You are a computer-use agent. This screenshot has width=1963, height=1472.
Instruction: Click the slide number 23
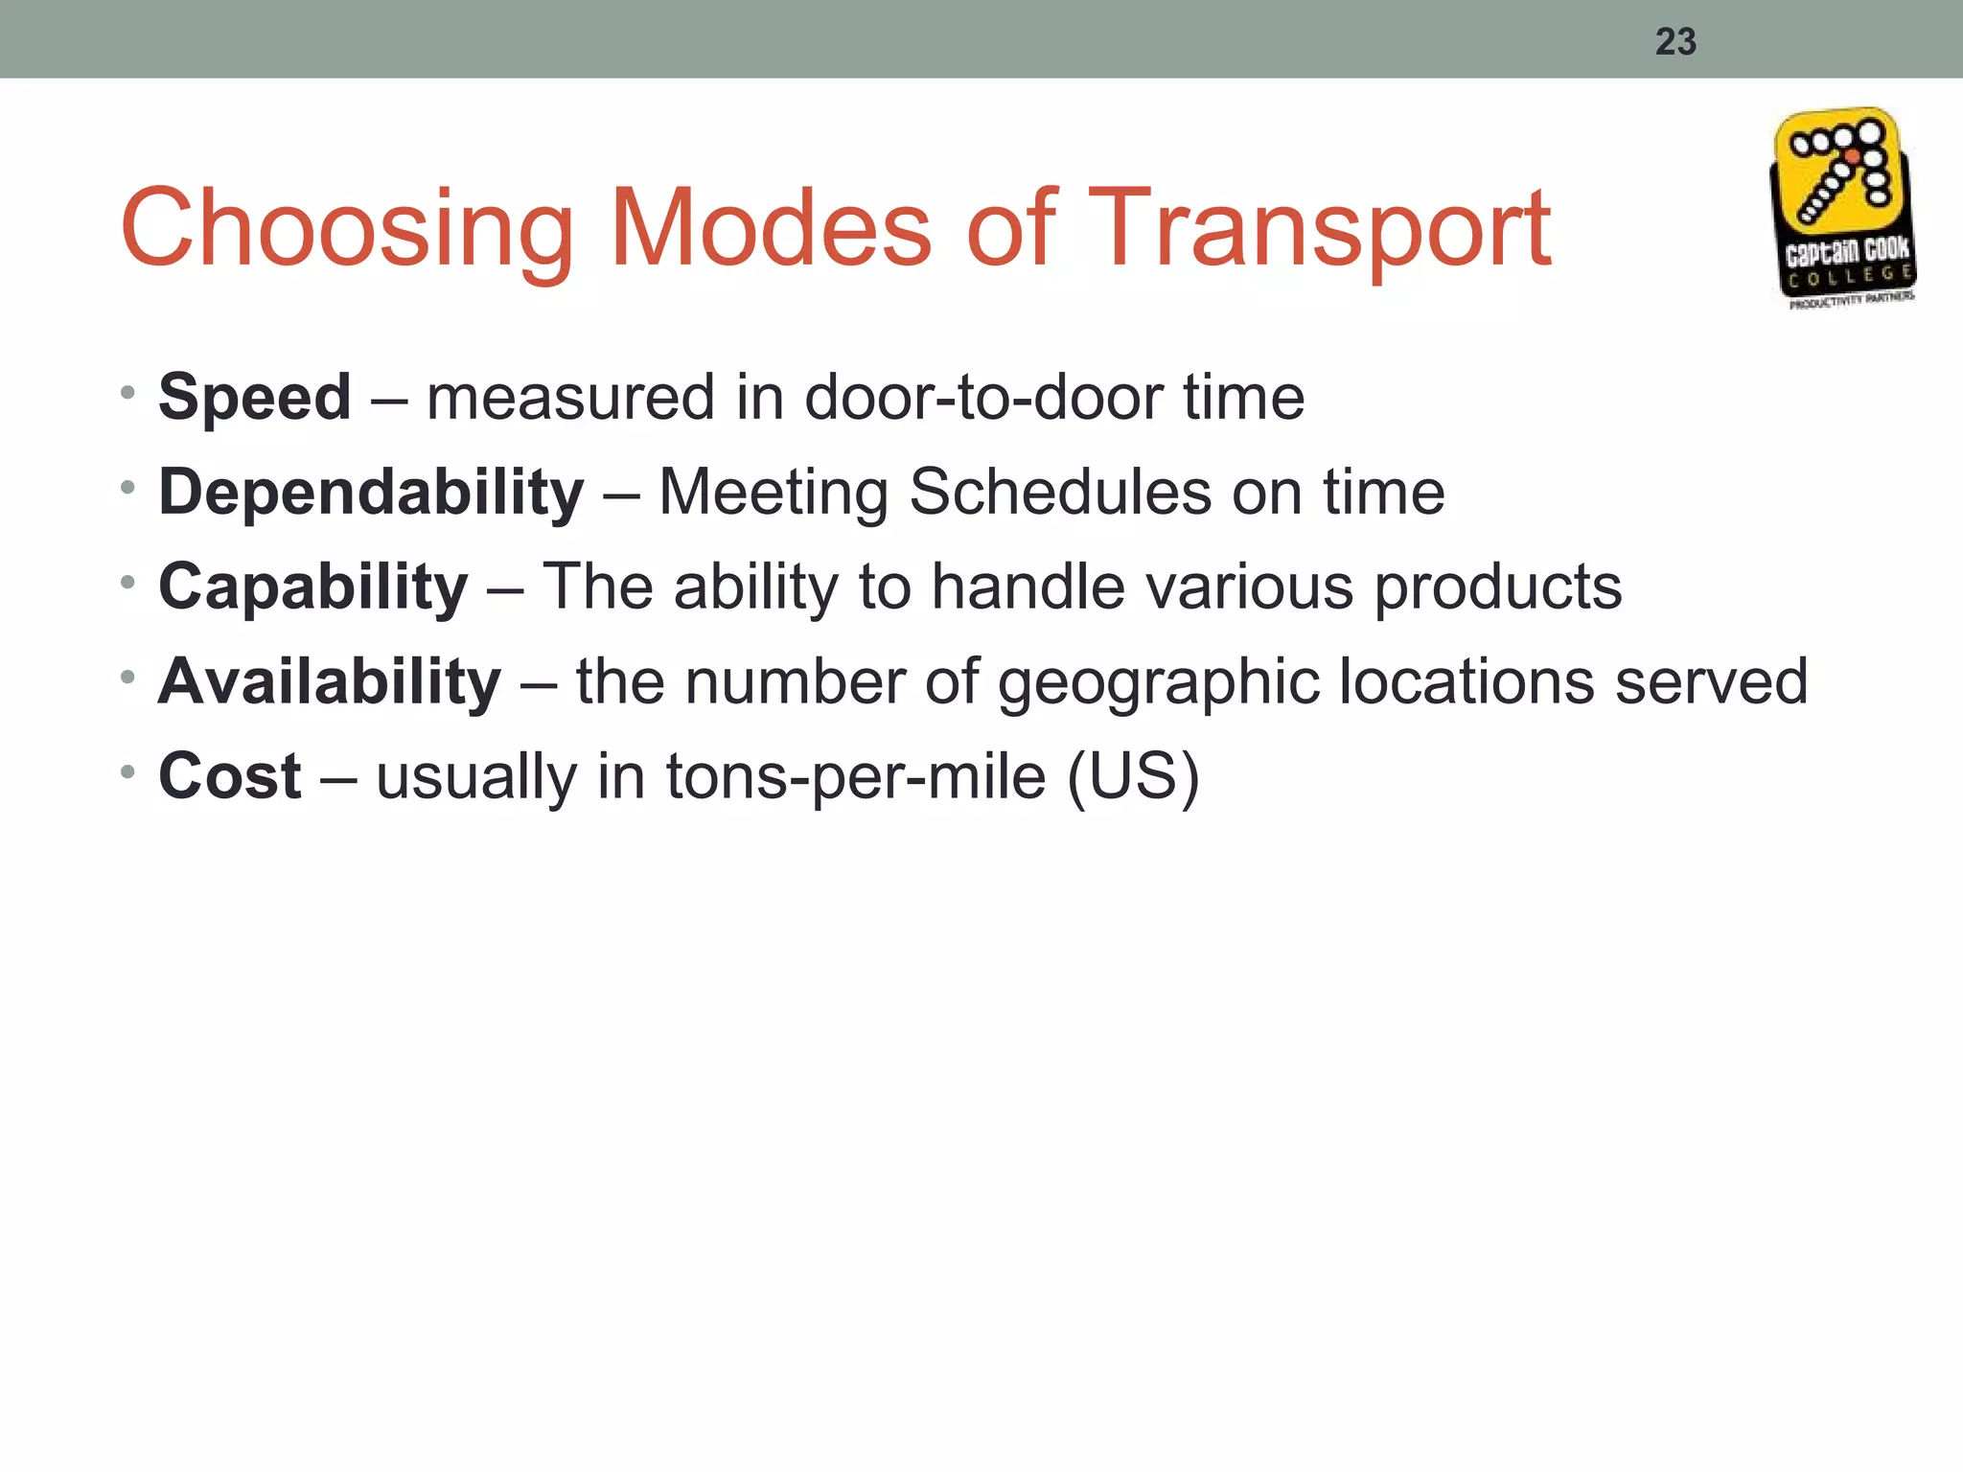[1675, 42]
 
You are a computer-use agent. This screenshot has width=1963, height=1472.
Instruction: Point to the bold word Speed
[255, 397]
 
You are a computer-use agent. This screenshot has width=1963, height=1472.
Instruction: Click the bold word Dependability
[371, 493]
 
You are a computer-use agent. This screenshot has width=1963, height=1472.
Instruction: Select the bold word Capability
[313, 586]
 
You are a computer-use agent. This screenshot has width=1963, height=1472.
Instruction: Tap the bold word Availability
[330, 681]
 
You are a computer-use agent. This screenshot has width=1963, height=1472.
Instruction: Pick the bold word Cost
[230, 775]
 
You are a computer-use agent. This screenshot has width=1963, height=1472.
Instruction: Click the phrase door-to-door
[982, 397]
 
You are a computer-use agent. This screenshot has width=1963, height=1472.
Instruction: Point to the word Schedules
[1059, 493]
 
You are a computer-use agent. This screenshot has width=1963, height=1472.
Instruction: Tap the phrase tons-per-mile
[856, 776]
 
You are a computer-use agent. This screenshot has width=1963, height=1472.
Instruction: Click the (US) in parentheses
[1133, 776]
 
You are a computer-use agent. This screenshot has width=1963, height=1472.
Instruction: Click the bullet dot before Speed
[128, 392]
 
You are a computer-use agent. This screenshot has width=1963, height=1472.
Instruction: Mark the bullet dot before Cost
[128, 770]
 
